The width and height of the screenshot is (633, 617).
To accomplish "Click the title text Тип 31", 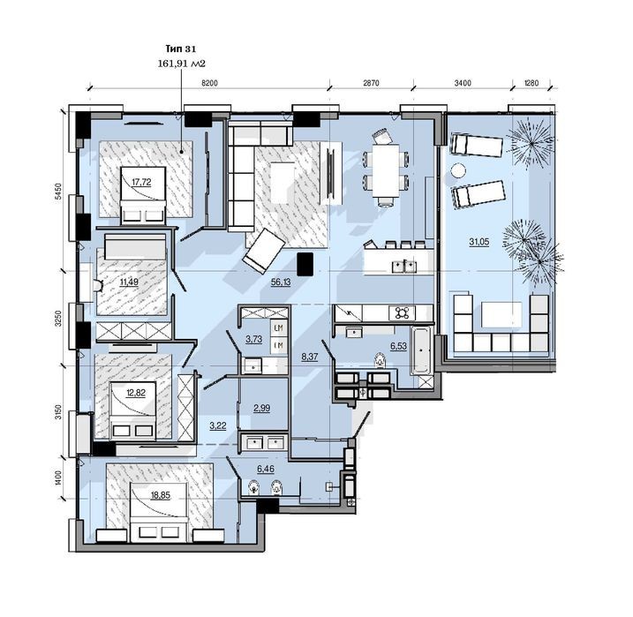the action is pyautogui.click(x=181, y=49).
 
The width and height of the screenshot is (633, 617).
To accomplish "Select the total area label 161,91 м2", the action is pyautogui.click(x=182, y=64).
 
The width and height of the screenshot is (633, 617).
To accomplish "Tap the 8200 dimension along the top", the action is pyautogui.click(x=209, y=83).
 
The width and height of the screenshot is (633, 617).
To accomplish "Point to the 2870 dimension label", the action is pyautogui.click(x=372, y=83).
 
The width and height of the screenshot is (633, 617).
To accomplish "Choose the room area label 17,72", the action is pyautogui.click(x=142, y=183).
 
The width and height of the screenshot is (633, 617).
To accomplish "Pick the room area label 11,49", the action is pyautogui.click(x=129, y=282).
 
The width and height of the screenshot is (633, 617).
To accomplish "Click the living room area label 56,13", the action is pyautogui.click(x=281, y=282).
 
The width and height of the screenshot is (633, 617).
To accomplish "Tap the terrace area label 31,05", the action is pyautogui.click(x=479, y=242).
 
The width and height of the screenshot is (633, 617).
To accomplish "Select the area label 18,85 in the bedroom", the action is pyautogui.click(x=161, y=495).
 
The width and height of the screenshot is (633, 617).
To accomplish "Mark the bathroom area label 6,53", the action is pyautogui.click(x=398, y=346).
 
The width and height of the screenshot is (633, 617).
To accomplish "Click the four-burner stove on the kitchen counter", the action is pyautogui.click(x=402, y=312).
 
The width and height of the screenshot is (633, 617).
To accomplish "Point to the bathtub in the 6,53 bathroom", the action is pyautogui.click(x=421, y=350).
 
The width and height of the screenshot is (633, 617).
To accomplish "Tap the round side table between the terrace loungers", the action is pyautogui.click(x=458, y=169).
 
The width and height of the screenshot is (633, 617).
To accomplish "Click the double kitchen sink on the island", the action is pyautogui.click(x=404, y=266).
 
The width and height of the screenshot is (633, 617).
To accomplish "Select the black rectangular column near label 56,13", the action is pyautogui.click(x=305, y=264).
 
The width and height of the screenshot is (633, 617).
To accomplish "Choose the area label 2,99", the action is pyautogui.click(x=261, y=409).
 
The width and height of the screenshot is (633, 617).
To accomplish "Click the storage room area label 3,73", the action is pyautogui.click(x=253, y=339).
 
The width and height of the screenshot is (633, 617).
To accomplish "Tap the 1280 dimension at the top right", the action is pyautogui.click(x=531, y=83).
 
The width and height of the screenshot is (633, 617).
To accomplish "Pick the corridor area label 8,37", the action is pyautogui.click(x=310, y=357).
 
